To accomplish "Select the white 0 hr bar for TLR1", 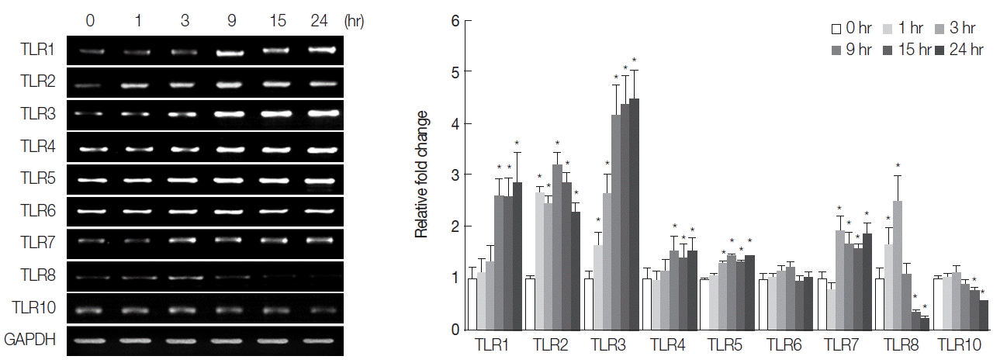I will (x=472, y=304).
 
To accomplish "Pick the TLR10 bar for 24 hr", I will (x=984, y=315).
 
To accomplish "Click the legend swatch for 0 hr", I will (x=836, y=29).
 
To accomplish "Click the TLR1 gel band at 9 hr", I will (x=228, y=54).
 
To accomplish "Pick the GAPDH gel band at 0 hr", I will (x=92, y=340).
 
